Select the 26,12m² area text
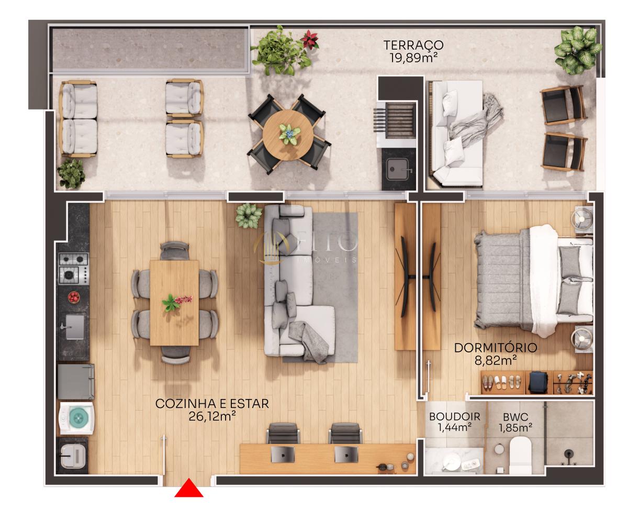point(212,416)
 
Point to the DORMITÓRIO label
point(495,348)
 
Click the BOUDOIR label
point(454,417)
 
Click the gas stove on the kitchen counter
point(74,268)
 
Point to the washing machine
point(77,418)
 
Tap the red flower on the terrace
point(310,39)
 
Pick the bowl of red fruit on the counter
point(74,297)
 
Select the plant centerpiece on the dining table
point(171,303)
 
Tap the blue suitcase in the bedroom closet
point(537,382)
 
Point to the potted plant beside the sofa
point(249,215)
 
